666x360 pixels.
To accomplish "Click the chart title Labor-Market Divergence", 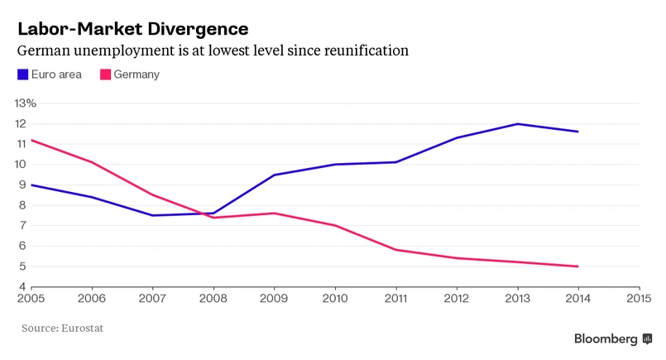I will pyautogui.click(x=132, y=28).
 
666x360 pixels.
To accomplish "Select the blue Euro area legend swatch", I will pyautogui.click(x=23, y=74).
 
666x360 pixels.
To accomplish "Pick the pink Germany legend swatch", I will pyautogui.click(x=105, y=74).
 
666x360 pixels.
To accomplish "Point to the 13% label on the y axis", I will pyautogui.click(x=25, y=103).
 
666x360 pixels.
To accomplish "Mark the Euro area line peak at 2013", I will pyautogui.click(x=517, y=124).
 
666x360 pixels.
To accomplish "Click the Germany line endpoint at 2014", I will pyautogui.click(x=577, y=266).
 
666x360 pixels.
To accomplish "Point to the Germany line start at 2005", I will pyautogui.click(x=31, y=140).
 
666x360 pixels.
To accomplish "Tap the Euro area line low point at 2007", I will pyautogui.click(x=153, y=215).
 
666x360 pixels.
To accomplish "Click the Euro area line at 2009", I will pyautogui.click(x=274, y=175).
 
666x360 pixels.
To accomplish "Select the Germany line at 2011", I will pyautogui.click(x=395, y=250).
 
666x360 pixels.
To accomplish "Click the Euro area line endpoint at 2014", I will pyautogui.click(x=577, y=132).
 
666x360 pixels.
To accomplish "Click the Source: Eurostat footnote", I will pyautogui.click(x=63, y=329).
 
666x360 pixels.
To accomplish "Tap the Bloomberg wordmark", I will pyautogui.click(x=606, y=338).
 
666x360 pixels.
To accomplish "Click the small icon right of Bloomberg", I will pyautogui.click(x=648, y=338).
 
